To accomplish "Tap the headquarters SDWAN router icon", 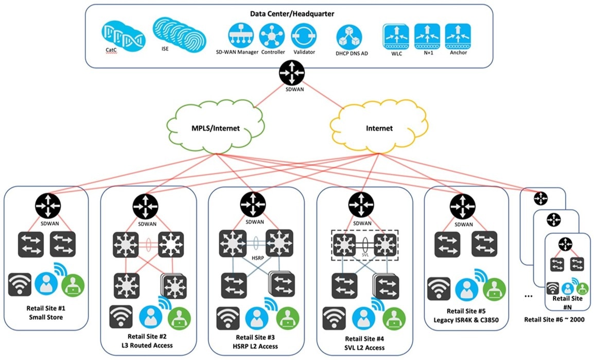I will pos(292,73).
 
